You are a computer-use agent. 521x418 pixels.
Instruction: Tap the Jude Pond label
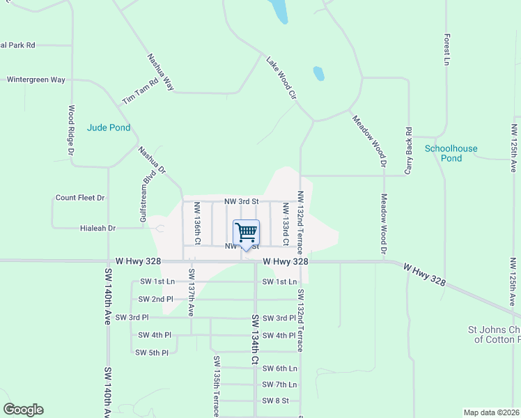pos(109,127)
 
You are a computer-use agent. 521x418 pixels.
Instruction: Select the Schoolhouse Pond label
pos(451,153)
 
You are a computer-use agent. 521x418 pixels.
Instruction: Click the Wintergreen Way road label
pos(36,79)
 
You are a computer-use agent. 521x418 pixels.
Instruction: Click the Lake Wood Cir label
pos(281,78)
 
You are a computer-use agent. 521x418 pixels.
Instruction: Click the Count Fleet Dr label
pos(80,198)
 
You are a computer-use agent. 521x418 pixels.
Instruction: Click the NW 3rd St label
pos(242,201)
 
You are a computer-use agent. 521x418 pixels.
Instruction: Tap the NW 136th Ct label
pos(198,223)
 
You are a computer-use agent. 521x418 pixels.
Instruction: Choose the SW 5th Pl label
pos(152,353)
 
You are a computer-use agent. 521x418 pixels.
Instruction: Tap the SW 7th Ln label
pos(279,385)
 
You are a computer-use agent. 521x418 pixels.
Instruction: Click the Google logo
pos(23,410)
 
